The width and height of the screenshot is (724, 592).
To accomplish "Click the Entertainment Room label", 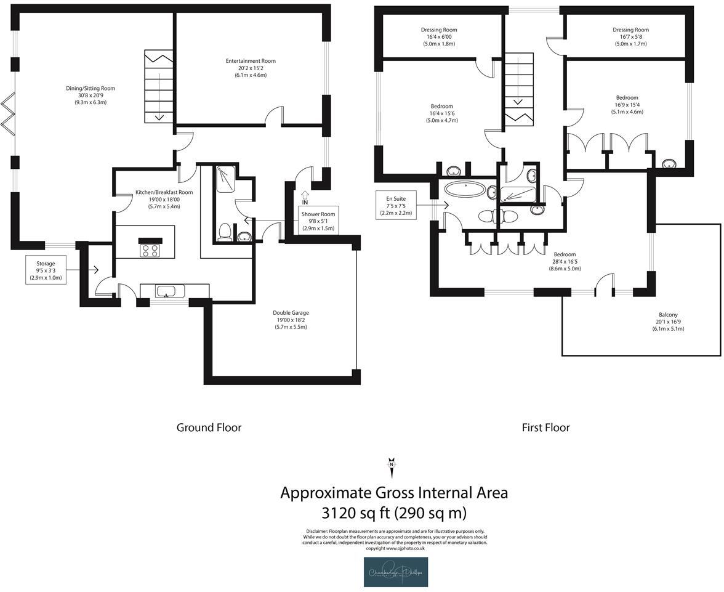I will [x=251, y=68].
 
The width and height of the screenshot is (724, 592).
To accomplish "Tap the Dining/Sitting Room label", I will [x=90, y=95].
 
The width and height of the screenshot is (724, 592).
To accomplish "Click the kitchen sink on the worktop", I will [x=167, y=291].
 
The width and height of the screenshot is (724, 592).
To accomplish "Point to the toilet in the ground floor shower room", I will [x=225, y=231].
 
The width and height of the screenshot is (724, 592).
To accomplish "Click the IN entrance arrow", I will [x=305, y=197].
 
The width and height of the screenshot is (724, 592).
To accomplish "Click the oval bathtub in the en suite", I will [x=465, y=188].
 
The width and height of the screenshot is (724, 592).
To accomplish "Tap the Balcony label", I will [x=668, y=322].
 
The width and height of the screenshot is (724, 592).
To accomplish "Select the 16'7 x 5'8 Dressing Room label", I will [x=630, y=36].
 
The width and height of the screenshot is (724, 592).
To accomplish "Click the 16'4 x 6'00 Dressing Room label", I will [x=439, y=36].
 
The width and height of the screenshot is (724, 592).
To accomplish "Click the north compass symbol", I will [x=391, y=466].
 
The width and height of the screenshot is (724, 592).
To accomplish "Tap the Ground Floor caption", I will [x=209, y=428].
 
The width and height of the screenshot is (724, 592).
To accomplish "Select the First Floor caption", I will [x=545, y=428].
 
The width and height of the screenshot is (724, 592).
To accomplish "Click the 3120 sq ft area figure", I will [x=394, y=513].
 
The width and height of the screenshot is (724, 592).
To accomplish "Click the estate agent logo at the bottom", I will [x=395, y=572].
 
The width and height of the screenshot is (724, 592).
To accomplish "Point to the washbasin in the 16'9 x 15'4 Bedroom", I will [x=669, y=164].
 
